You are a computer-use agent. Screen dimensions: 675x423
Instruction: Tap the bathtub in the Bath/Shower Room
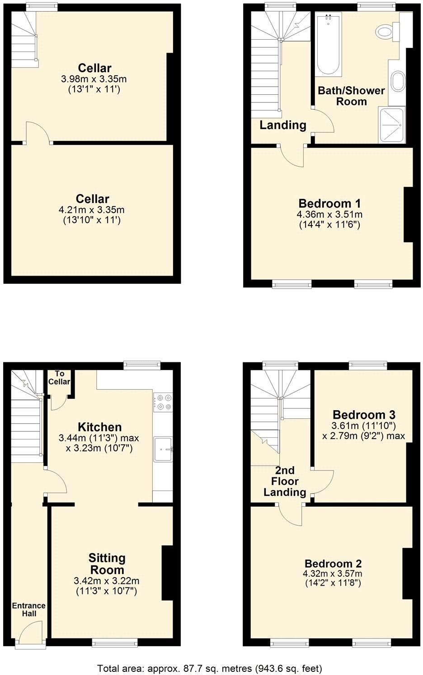(329, 45)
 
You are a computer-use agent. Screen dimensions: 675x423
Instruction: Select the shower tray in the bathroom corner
(391, 125)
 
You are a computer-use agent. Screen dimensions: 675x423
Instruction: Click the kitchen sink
(163, 448)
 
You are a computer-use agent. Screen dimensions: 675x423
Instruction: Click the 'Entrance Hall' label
(28, 609)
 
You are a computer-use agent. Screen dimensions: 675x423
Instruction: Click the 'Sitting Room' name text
(107, 564)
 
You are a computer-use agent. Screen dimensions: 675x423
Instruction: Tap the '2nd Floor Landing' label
(285, 481)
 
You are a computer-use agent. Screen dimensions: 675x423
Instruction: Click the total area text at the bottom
(210, 668)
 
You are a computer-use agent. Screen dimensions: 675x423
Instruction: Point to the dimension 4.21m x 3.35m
(93, 210)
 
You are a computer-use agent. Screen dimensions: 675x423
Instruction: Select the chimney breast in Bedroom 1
(408, 215)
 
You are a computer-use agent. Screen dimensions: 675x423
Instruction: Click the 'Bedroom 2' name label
(333, 564)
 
